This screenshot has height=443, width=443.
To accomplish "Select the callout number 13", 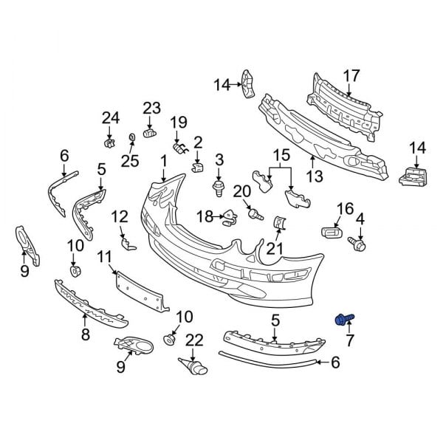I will (315, 176).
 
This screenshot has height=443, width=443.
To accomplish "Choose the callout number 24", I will (110, 117).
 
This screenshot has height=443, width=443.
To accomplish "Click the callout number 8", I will (86, 334).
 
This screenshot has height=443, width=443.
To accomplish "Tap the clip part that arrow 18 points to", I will (231, 216).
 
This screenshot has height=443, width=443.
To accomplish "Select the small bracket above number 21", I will (278, 222).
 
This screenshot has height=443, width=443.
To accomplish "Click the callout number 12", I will (120, 216).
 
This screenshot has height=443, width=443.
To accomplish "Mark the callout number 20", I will (242, 191).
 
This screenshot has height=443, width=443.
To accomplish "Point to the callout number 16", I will (346, 209).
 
